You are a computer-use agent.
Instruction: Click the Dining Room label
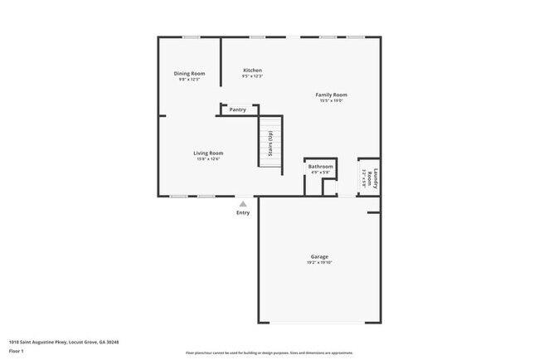click(189, 74)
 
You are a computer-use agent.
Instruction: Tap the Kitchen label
click(252, 70)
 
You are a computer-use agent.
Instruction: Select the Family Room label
click(331, 95)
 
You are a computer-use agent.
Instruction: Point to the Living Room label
click(208, 153)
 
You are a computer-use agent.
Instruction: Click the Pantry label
click(238, 109)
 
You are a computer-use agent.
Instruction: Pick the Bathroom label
click(321, 167)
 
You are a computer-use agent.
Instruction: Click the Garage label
click(320, 257)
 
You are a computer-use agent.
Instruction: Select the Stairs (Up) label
click(270, 145)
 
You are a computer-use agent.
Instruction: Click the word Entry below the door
click(242, 212)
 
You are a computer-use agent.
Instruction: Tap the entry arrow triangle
click(242, 203)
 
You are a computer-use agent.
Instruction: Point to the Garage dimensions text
click(320, 263)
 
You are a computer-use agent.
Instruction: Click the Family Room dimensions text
click(331, 100)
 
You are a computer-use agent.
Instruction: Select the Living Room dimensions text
click(208, 158)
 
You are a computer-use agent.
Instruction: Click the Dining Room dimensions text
click(189, 80)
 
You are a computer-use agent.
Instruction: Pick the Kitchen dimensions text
click(252, 76)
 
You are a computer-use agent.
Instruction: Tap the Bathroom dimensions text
click(321, 173)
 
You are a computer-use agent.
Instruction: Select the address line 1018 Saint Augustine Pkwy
click(64, 342)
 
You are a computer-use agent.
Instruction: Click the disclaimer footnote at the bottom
click(269, 353)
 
